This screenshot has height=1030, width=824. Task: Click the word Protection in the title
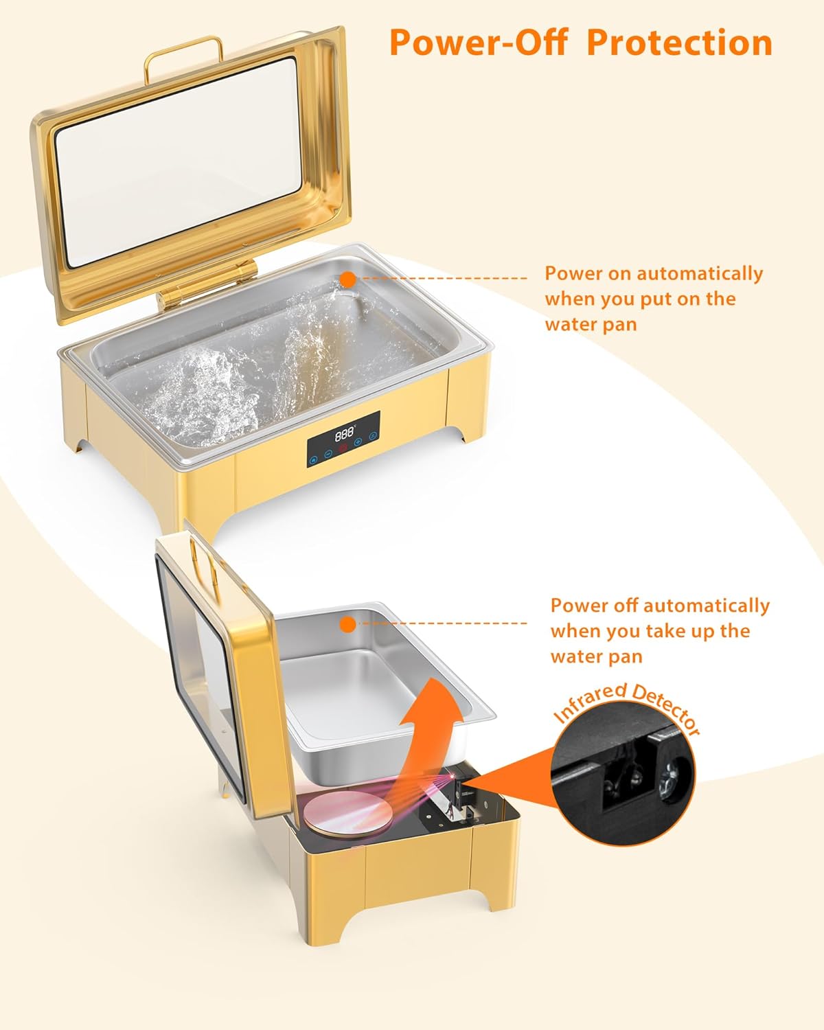(x=680, y=43)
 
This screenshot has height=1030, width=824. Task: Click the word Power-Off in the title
(x=478, y=43)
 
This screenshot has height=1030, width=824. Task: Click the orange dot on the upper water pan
(x=348, y=279)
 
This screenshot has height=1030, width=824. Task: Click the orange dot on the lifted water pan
(x=348, y=624)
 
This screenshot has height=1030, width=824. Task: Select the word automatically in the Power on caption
(x=700, y=273)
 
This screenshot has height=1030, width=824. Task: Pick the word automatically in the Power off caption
(x=707, y=606)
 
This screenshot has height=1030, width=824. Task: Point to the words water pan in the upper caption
(x=591, y=323)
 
